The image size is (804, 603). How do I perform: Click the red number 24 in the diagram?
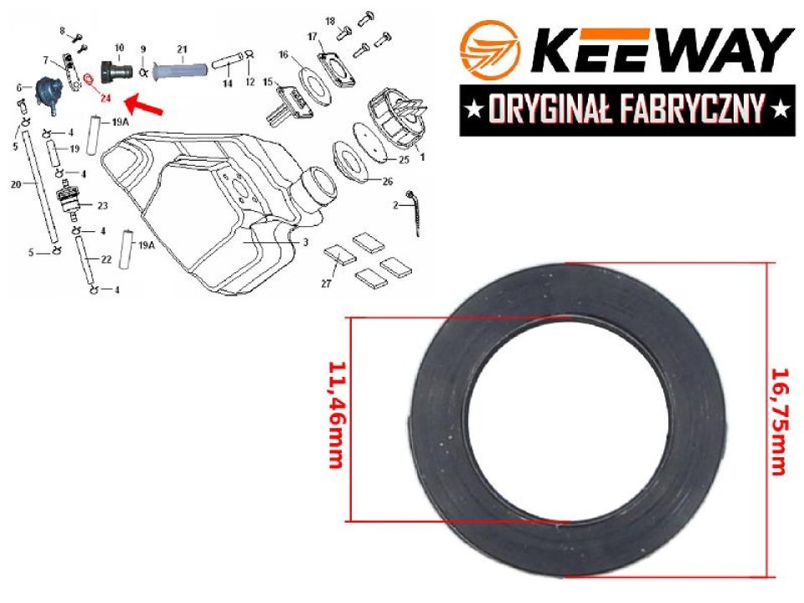105,98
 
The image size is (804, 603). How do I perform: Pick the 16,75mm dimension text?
778,420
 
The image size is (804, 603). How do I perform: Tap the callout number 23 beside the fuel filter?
103,205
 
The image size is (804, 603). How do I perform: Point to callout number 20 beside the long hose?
15,184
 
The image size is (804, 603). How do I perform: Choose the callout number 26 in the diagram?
387,181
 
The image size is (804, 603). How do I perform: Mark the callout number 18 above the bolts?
329,20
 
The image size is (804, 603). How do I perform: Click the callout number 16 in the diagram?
284,54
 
